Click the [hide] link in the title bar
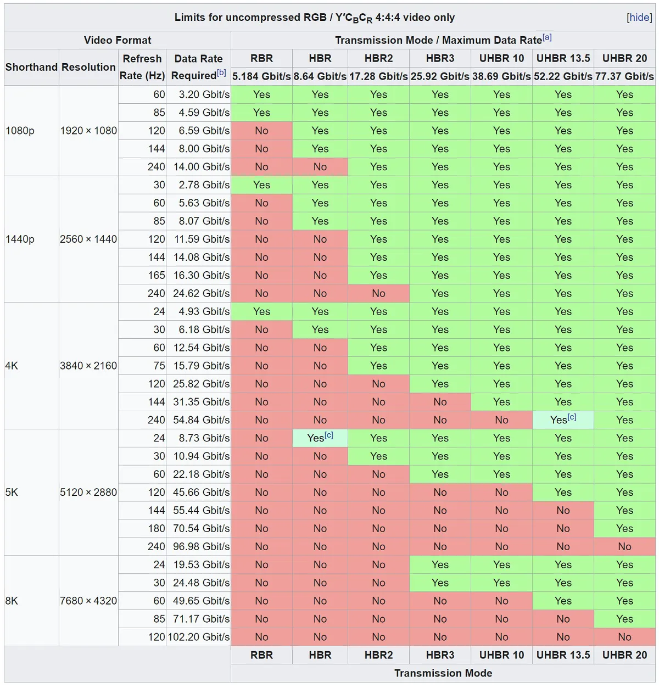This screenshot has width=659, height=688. [x=639, y=18]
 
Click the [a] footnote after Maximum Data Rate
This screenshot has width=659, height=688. [x=547, y=37]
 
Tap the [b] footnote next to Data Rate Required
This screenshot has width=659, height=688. [x=221, y=72]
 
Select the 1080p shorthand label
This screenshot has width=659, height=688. [x=20, y=131]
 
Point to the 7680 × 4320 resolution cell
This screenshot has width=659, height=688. [x=88, y=601]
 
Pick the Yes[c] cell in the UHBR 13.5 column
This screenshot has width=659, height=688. [x=563, y=419]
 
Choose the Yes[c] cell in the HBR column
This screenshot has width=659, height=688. [x=320, y=438]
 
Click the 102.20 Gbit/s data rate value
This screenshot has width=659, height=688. [x=198, y=637]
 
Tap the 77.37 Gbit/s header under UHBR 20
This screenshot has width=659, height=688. [x=624, y=76]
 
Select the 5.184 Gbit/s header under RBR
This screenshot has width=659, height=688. [x=261, y=76]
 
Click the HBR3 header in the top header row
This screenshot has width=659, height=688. [x=440, y=58]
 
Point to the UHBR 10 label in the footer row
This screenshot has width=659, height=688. [x=501, y=655]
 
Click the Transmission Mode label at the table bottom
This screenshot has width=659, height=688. [x=443, y=673]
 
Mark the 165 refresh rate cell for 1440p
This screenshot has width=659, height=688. [x=157, y=275]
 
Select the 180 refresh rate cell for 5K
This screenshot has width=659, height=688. [x=157, y=528]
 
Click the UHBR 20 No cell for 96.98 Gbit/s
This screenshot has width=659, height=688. [x=624, y=546]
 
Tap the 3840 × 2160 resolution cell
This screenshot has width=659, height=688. [x=88, y=366]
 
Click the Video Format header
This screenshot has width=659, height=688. [x=118, y=40]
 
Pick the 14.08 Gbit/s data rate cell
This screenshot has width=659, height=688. [x=201, y=257]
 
